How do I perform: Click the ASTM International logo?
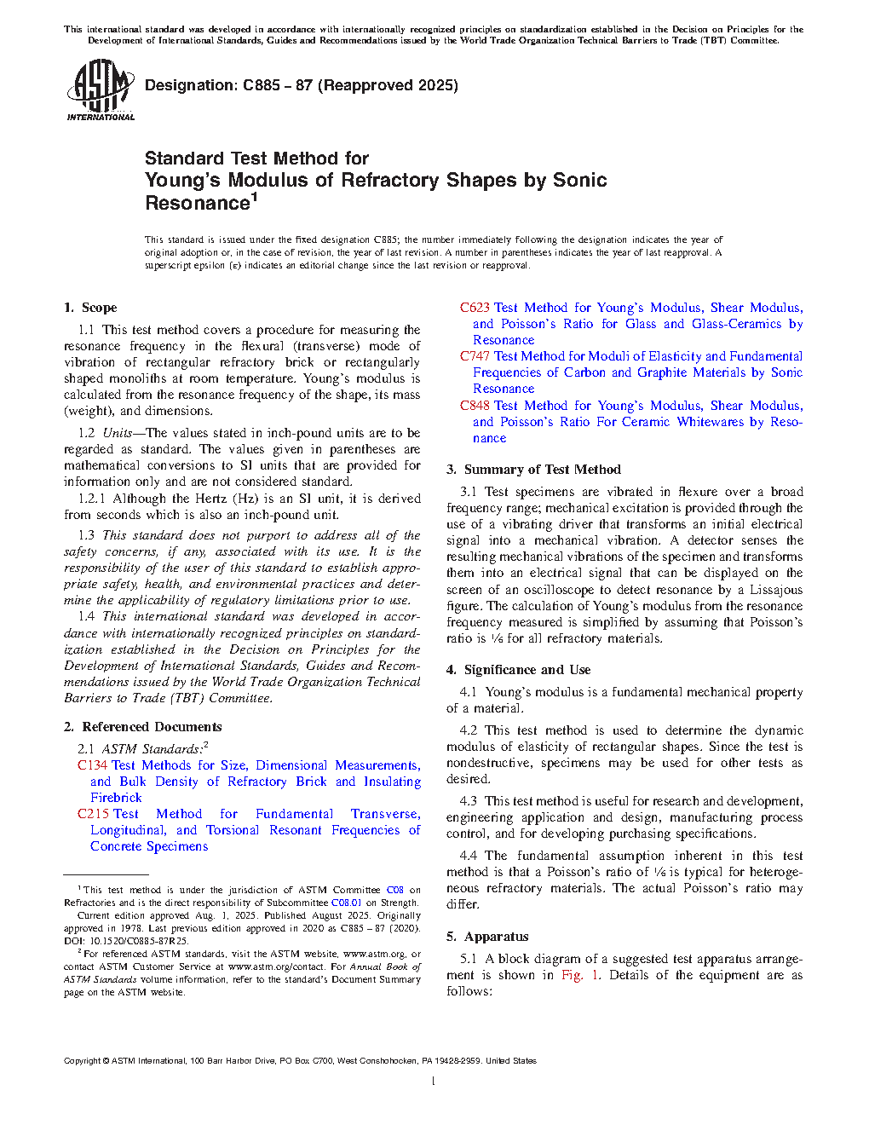pyautogui.click(x=100, y=89)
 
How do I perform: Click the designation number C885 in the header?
pyautogui.click(x=262, y=85)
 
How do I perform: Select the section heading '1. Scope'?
pyautogui.click(x=90, y=308)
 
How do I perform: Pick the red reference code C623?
pyautogui.click(x=475, y=308)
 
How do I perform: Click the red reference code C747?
pyautogui.click(x=475, y=356)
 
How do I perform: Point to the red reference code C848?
pyautogui.click(x=475, y=406)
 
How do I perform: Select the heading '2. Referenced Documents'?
pyautogui.click(x=142, y=727)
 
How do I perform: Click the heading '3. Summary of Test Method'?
pyautogui.click(x=533, y=470)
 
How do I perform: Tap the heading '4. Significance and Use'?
pyautogui.click(x=518, y=670)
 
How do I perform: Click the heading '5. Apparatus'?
pyautogui.click(x=487, y=937)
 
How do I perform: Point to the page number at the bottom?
pyautogui.click(x=434, y=1082)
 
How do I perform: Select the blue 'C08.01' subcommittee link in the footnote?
pyautogui.click(x=346, y=903)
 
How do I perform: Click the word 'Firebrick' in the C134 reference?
pyautogui.click(x=116, y=798)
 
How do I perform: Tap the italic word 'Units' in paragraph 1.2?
pyautogui.click(x=120, y=433)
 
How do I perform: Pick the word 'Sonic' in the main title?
pyautogui.click(x=579, y=181)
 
